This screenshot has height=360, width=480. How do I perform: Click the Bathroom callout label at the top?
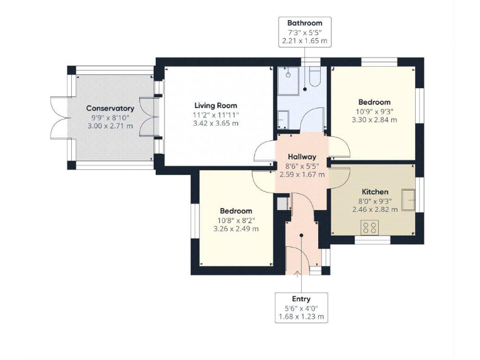click(304, 23)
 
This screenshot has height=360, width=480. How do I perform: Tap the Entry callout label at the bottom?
click(302, 299)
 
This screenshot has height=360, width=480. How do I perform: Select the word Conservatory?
click(110, 108)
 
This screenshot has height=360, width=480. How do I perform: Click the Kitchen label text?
click(375, 191)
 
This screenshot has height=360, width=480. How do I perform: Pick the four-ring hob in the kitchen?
click(369, 228)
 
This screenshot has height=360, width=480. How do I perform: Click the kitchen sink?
click(411, 198)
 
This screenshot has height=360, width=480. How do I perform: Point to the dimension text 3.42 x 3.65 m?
click(216, 124)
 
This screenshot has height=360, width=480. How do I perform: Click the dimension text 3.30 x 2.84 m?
click(374, 120)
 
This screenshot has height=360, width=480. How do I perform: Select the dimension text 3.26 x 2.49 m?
click(236, 229)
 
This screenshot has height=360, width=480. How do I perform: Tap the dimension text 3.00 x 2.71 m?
click(110, 126)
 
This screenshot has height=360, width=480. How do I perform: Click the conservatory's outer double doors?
click(58, 117)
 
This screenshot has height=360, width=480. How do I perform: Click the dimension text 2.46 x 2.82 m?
click(375, 210)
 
